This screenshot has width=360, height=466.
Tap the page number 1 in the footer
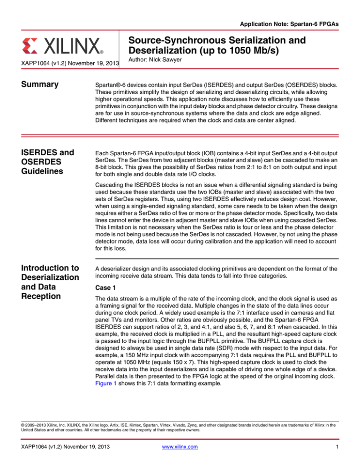(338, 453)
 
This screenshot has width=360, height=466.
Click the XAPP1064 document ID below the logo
(63, 62)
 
